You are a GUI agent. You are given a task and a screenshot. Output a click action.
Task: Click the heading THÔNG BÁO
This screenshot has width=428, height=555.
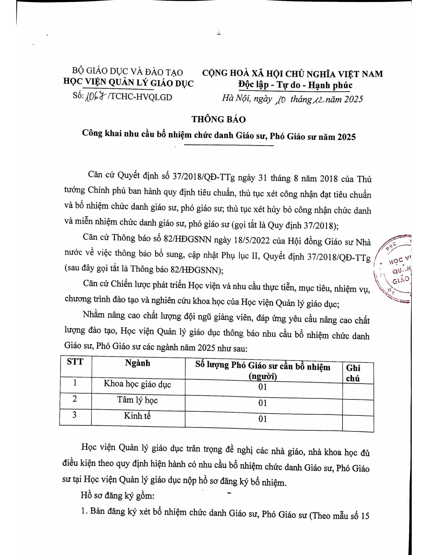pyautogui.click(x=218, y=119)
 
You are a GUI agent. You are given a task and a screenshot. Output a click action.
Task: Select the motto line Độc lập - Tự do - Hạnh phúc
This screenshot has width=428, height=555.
pyautogui.click(x=295, y=85)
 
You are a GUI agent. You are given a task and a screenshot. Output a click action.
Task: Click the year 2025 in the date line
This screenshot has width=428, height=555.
pyautogui.click(x=353, y=99)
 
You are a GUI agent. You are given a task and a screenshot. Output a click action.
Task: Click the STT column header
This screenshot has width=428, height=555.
pyautogui.click(x=75, y=362)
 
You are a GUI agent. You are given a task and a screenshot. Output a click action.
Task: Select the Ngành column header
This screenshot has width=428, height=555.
pyautogui.click(x=138, y=363)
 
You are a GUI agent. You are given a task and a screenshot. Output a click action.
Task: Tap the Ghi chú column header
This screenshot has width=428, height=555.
pyautogui.click(x=353, y=373)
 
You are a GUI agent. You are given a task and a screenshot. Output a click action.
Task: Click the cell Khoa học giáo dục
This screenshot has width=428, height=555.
pyautogui.click(x=137, y=384)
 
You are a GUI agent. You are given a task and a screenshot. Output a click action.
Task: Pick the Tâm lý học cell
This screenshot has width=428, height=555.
pyautogui.click(x=137, y=400)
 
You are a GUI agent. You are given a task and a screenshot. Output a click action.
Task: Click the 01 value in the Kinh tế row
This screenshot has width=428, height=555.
pyautogui.click(x=263, y=419)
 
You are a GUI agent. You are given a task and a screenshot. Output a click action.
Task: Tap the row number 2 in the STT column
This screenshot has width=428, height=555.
pyautogui.click(x=75, y=399)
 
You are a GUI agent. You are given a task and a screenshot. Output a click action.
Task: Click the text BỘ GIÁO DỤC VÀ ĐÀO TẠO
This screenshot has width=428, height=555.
pyautogui.click(x=128, y=72)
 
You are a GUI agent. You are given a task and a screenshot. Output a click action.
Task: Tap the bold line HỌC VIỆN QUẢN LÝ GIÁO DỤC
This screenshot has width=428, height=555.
pyautogui.click(x=128, y=83)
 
